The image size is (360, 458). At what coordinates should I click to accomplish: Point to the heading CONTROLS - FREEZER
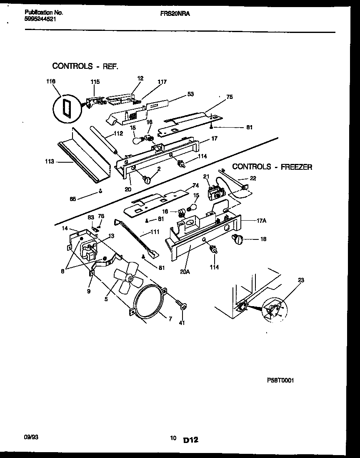point(272,167)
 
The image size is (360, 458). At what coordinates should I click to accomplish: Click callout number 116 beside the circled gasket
point(51,82)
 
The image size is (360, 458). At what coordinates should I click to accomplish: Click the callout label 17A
point(262,221)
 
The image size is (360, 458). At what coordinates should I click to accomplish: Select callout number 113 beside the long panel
point(50,161)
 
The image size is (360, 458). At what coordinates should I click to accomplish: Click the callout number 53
point(190,95)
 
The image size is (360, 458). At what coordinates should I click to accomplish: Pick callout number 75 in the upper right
point(229,97)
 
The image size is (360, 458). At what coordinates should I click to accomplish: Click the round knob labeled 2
point(147,179)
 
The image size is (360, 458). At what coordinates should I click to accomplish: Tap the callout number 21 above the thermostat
point(206,176)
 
